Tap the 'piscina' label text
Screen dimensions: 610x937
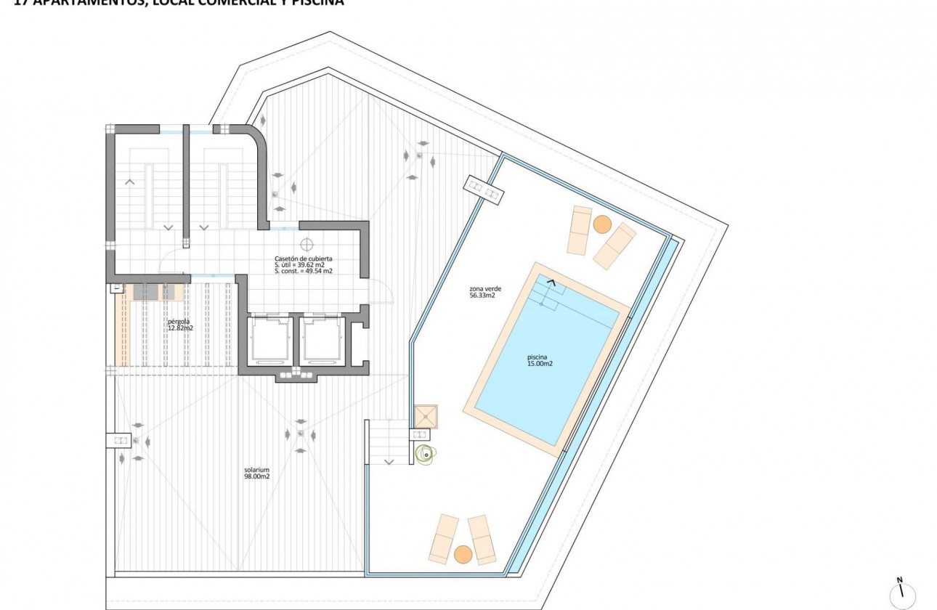(x=540, y=357)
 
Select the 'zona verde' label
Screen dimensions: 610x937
(x=482, y=288)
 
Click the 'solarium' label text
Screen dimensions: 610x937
(x=257, y=469)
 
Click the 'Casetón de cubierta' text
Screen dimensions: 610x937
(x=304, y=259)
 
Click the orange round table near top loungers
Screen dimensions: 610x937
(x=601, y=224)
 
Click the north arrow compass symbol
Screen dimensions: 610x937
(x=901, y=592)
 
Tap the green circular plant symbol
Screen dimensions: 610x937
(x=423, y=455)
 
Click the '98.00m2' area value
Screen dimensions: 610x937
(x=257, y=476)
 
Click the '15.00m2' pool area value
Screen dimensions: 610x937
(x=540, y=364)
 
